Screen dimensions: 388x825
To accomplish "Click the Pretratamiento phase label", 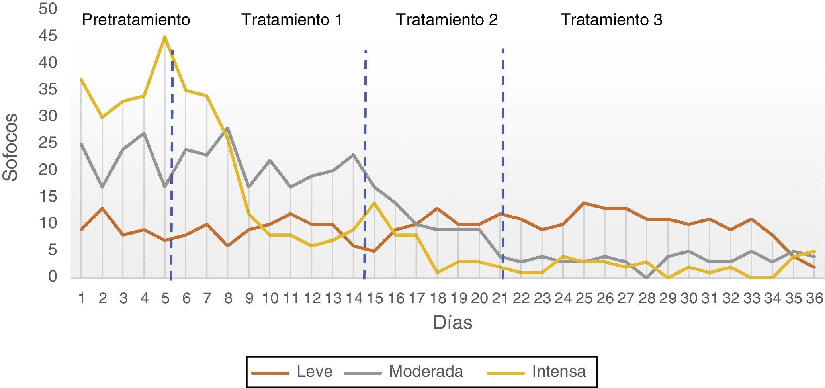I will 136,20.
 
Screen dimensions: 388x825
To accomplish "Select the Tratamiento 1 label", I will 292,20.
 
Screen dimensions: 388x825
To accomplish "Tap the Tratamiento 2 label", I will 446,20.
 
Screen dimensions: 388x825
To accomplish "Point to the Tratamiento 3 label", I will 611,20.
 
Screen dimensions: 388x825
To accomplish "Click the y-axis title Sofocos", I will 11,147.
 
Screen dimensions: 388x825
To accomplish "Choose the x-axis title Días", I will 453,323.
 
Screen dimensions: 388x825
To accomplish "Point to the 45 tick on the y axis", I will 48,36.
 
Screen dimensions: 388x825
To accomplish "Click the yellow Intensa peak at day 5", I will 165,37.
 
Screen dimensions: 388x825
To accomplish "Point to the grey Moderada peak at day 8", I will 227,128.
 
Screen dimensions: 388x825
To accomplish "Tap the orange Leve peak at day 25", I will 584,203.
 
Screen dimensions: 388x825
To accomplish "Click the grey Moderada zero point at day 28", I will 647,278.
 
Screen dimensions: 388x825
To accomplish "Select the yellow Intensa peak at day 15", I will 374,203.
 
